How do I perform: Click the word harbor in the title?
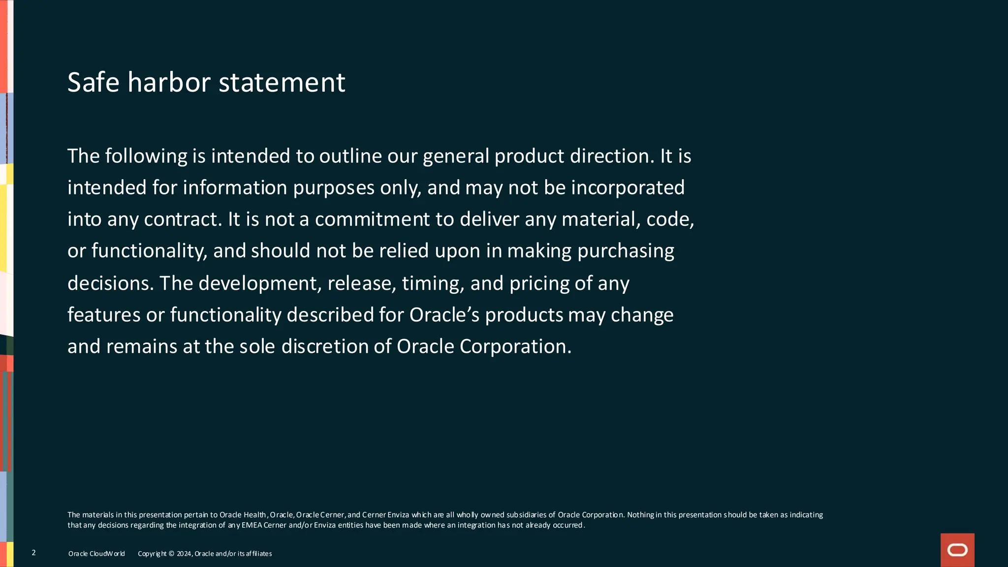169,82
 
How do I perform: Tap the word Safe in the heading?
93,82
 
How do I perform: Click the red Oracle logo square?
957,550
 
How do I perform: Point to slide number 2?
33,553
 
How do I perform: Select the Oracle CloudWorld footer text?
96,554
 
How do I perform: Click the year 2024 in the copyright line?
184,554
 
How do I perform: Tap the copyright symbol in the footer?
171,554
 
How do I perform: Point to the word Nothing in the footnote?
641,515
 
